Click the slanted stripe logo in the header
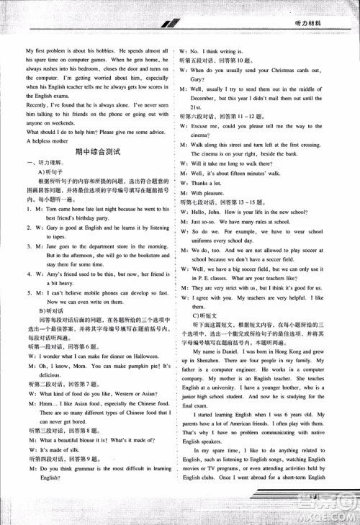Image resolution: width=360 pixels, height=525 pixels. coord(170,24)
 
